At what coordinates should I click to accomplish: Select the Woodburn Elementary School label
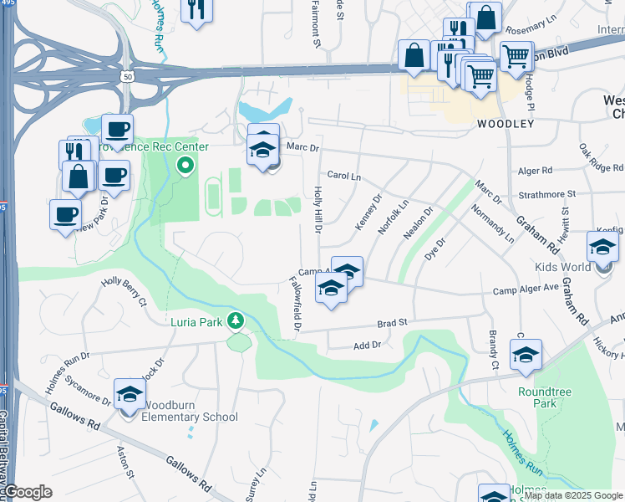[191, 417]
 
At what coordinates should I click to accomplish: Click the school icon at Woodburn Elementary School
[130, 396]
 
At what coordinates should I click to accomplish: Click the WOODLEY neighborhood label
[506, 124]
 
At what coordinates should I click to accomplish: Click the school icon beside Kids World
[602, 248]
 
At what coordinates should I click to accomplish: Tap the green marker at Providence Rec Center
[185, 166]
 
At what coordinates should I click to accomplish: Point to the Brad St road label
[391, 322]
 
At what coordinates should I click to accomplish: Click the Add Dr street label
[367, 345]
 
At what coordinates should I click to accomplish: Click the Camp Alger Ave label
[526, 289]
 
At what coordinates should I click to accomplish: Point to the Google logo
[27, 492]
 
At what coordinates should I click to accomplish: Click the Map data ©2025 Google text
[572, 495]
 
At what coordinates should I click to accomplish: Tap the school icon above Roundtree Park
[526, 355]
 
